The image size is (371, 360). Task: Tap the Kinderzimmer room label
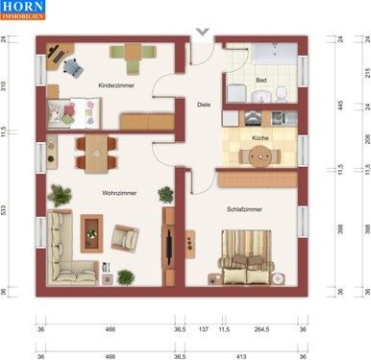pyautogui.click(x=116, y=86)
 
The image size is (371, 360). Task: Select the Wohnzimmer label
pyautogui.click(x=120, y=193)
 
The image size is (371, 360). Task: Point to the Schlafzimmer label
pyautogui.click(x=245, y=208)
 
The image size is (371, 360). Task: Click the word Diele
pyautogui.click(x=204, y=104)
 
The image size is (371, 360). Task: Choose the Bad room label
pyautogui.click(x=260, y=81)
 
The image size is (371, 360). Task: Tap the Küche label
pyautogui.click(x=260, y=138)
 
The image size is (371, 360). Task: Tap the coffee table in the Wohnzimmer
pyautogui.click(x=92, y=230)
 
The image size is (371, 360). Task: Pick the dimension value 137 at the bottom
pyautogui.click(x=203, y=329)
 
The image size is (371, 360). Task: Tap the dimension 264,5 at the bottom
pyautogui.click(x=260, y=329)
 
